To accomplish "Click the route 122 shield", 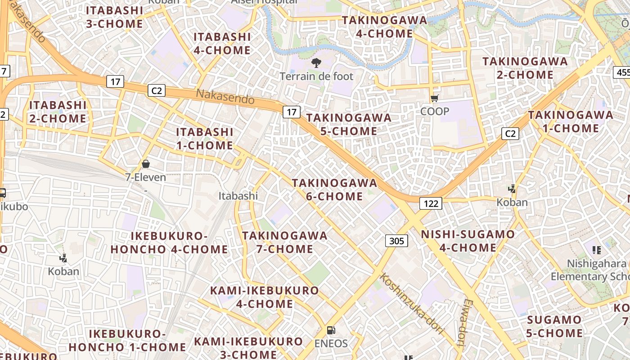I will (431, 203).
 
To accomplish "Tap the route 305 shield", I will (396, 241).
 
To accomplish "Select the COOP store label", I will (434, 111).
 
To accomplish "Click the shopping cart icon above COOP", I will (434, 99).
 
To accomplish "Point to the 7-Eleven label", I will (145, 177).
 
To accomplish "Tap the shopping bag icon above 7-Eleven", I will (145, 164).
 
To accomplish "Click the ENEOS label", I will (331, 344).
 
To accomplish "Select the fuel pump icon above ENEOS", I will (331, 330).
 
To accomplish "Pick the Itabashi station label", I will (238, 196).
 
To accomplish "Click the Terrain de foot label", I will (316, 76).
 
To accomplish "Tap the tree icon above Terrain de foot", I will (316, 63).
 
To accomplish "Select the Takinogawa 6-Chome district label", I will (334, 189).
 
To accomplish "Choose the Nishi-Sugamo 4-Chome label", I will (468, 241).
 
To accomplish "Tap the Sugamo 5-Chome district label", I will (554, 327).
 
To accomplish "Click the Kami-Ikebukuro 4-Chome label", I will (265, 297).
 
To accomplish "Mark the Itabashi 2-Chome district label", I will (58, 112).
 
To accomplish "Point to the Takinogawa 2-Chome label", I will (525, 68).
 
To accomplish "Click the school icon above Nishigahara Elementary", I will (597, 250).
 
